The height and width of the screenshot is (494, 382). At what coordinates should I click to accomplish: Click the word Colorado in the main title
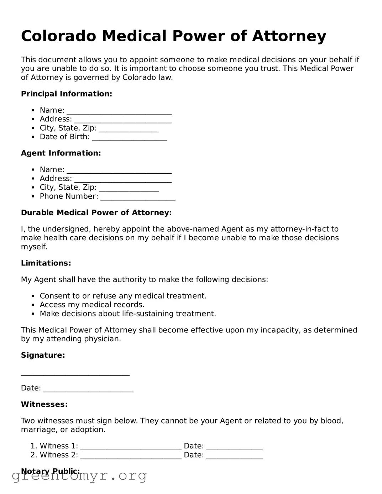coord(58,36)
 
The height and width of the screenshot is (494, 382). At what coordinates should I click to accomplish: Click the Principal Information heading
coord(67,94)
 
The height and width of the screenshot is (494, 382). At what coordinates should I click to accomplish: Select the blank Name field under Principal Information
coord(119,111)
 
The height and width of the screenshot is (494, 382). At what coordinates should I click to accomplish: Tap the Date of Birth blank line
coord(129,138)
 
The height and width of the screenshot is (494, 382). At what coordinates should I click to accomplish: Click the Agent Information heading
coord(61,153)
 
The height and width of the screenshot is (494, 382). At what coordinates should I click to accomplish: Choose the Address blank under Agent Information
coord(122,179)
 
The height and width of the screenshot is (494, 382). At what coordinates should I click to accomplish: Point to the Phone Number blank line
coord(137,197)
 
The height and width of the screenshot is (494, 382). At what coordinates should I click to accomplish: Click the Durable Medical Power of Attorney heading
coord(96,212)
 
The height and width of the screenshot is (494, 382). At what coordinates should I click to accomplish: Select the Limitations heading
coord(46,263)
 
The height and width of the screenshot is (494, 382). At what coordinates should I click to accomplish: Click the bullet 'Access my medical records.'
coord(92,305)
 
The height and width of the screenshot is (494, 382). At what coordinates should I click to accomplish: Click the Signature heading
coord(43,355)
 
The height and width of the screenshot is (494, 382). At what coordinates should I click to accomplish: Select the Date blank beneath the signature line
coord(88,389)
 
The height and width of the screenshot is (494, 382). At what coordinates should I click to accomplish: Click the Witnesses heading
coord(44,404)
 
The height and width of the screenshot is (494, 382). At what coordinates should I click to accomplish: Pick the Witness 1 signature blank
coord(131,447)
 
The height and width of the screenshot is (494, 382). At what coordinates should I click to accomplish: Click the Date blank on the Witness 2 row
coord(234,456)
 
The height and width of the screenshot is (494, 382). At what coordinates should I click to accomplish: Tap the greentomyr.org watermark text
coord(79,475)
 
